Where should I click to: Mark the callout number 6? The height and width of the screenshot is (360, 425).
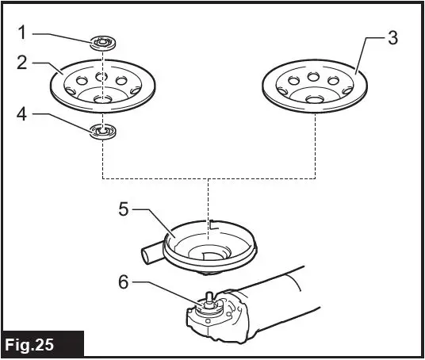[124, 281]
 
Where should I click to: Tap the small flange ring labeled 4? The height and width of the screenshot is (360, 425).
[103, 132]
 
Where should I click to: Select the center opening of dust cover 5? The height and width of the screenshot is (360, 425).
[209, 255]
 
